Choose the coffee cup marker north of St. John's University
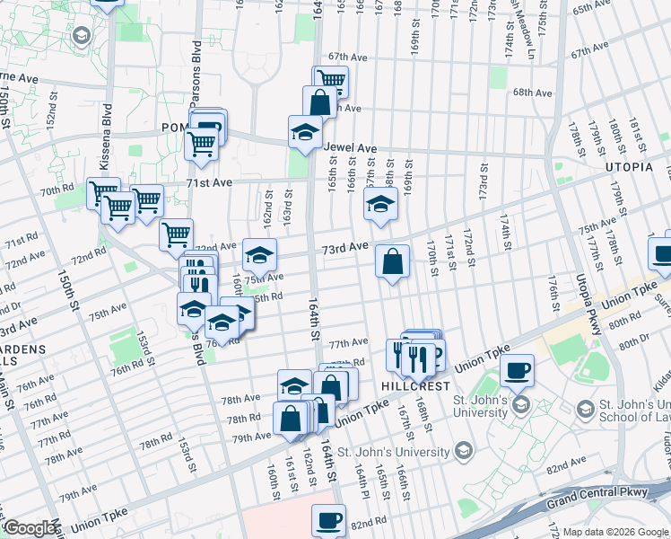[517, 369]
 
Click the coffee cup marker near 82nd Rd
[329, 519]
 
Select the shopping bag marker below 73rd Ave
[392, 262]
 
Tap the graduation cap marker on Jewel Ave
[305, 132]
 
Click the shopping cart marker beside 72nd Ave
[177, 235]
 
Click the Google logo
[30, 528]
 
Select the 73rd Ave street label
[345, 246]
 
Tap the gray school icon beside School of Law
[584, 410]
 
